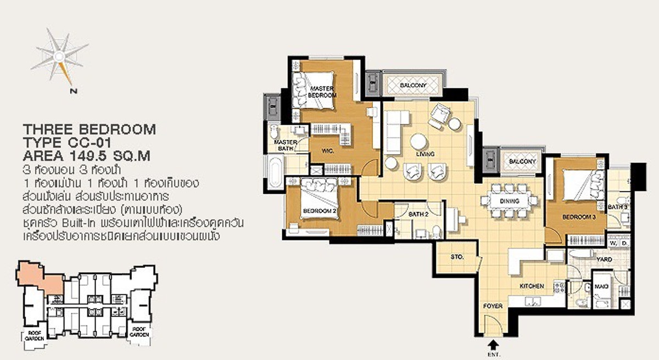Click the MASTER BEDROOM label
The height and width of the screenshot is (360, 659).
pos(322,92)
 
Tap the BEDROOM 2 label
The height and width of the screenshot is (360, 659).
pos(316,211)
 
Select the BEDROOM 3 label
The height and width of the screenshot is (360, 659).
pos(575,218)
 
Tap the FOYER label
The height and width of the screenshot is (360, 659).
pos(493,306)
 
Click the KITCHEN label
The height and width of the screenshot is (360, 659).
pos(532,286)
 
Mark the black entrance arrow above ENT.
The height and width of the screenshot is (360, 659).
pos(493,344)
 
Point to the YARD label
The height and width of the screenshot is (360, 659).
pos(604,258)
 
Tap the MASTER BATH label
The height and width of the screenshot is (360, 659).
pos(286,145)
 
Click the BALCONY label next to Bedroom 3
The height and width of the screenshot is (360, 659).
pos(522,161)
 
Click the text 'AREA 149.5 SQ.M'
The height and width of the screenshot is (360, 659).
pos(86,156)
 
